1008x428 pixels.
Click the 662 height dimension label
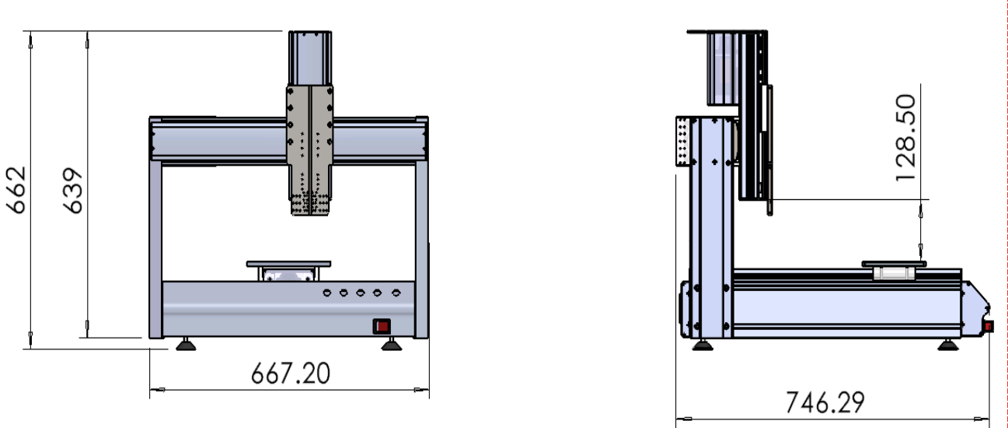click(16, 190)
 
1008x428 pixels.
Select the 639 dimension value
click(72, 191)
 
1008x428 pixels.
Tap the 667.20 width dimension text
click(290, 374)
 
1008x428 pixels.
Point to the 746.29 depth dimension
click(825, 402)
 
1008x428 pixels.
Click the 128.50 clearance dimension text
click(905, 138)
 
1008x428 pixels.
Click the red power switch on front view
click(382, 326)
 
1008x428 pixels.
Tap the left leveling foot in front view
click(186, 345)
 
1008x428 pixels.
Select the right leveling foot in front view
click(391, 345)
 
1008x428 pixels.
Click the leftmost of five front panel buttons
click(327, 293)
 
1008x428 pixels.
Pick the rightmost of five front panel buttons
click(396, 293)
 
